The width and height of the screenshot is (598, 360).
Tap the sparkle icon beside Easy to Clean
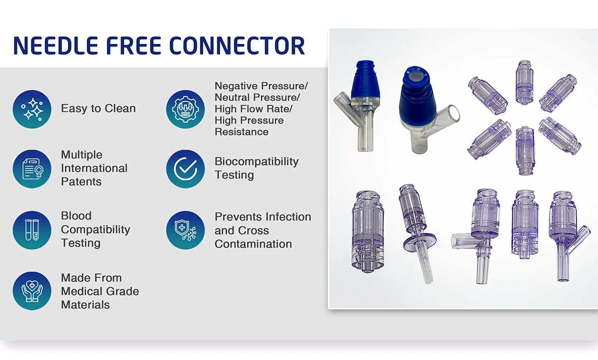click(x=32, y=109)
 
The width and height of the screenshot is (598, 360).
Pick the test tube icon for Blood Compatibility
click(x=32, y=230)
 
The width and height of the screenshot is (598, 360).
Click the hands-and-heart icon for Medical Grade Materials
click(x=32, y=291)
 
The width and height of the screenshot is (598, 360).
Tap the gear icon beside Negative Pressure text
click(x=185, y=109)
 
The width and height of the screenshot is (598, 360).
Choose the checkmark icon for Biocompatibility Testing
click(x=185, y=169)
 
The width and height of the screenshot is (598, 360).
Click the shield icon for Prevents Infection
click(x=185, y=230)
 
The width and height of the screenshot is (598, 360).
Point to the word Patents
click(x=81, y=182)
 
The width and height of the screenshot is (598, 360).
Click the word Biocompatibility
click(x=256, y=162)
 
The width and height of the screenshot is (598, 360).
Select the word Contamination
click(x=253, y=244)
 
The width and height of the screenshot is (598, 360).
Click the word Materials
click(x=85, y=305)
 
